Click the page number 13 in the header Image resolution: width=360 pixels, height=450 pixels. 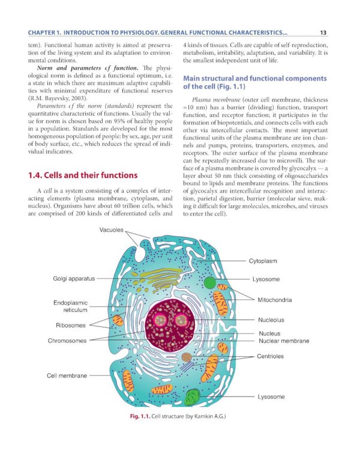(x=323, y=33)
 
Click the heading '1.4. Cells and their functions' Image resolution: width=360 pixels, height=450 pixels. (x=83, y=175)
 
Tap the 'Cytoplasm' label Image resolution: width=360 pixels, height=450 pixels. (x=267, y=261)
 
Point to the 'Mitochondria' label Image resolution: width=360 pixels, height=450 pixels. (x=275, y=299)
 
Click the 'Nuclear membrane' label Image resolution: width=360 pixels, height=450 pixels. (x=284, y=341)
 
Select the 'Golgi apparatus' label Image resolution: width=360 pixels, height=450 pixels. (x=70, y=279)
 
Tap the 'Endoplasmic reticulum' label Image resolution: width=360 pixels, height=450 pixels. (x=71, y=307)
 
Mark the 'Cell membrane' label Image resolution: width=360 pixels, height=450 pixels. (x=67, y=376)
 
